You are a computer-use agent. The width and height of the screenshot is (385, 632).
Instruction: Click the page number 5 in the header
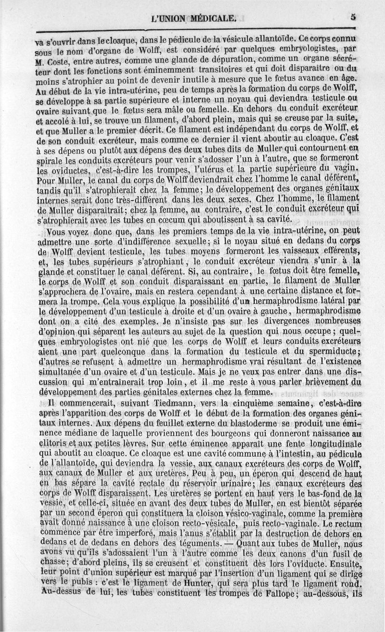coord(353,16)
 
